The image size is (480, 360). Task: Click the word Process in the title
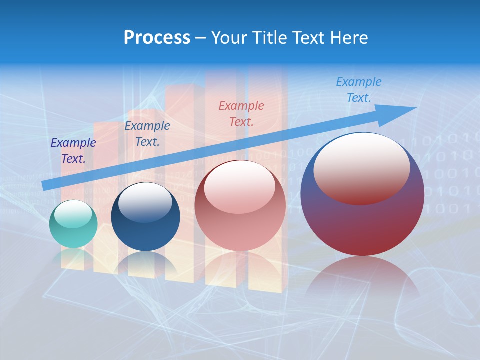[x=157, y=38]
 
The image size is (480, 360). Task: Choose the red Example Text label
[x=241, y=113]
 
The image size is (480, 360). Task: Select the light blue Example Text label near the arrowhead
[x=359, y=90]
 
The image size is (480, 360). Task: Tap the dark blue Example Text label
[x=147, y=134]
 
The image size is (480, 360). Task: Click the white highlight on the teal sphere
[x=73, y=214]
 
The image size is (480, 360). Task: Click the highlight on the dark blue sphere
[x=145, y=202]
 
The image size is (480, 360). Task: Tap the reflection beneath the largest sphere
[x=362, y=280]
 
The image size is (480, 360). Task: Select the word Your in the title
[x=229, y=38]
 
